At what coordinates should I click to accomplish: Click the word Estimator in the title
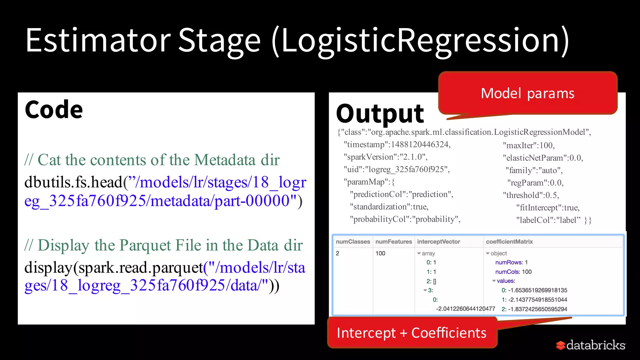[98, 41]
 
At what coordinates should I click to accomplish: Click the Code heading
[54, 110]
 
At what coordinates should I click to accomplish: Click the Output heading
[380, 114]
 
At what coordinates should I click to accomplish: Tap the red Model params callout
[527, 93]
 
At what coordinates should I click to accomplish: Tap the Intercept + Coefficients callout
[412, 333]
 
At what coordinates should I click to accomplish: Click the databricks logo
[591, 345]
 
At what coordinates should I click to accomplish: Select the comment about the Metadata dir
[152, 160]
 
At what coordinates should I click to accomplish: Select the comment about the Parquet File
[163, 245]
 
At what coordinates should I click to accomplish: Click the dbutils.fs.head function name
[73, 182]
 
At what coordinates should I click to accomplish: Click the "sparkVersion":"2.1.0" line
[385, 157]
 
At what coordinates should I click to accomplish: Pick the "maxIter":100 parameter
[528, 145]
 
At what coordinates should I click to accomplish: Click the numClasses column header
[352, 242]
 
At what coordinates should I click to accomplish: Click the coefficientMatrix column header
[509, 242]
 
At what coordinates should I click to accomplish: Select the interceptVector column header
[438, 242]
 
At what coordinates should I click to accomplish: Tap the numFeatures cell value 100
[380, 253]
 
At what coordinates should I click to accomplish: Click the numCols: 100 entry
[513, 272]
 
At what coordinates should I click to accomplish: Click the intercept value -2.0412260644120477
[465, 309]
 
